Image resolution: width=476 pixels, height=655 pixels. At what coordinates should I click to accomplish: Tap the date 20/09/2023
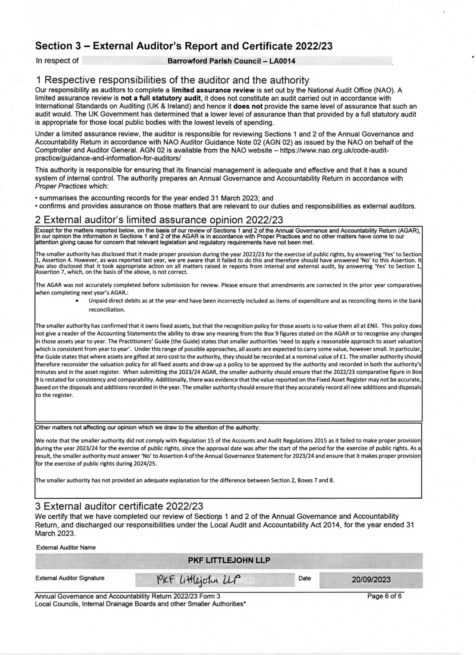coord(371,579)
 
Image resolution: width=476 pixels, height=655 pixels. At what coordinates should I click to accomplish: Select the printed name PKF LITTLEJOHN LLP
coord(229,560)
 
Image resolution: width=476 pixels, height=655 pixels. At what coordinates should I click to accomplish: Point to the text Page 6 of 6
coord(384,596)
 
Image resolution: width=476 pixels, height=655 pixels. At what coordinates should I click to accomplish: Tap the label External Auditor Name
coord(66,547)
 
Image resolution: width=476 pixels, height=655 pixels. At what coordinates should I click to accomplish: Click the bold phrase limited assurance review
coord(213,90)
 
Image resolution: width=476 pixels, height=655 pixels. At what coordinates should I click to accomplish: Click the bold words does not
coord(248,107)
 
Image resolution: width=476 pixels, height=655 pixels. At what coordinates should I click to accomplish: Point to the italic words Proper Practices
coord(61,186)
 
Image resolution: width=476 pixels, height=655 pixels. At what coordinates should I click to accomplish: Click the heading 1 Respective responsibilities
coord(172,80)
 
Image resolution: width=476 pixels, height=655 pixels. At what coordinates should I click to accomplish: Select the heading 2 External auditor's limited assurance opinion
coord(159,220)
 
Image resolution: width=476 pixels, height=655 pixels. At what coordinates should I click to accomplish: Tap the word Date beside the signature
coord(305,578)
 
